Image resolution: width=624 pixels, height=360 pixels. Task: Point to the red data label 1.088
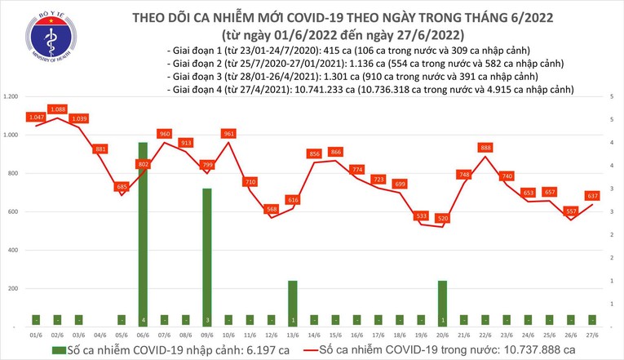57,109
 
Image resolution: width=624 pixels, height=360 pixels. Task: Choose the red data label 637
592,196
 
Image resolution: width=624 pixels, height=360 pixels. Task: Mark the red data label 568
272,209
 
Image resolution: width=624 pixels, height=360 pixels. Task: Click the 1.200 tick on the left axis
11,97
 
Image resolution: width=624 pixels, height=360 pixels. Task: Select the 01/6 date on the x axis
36,334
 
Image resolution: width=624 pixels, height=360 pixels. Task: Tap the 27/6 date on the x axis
592,334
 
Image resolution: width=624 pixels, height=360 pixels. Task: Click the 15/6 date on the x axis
335,334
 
